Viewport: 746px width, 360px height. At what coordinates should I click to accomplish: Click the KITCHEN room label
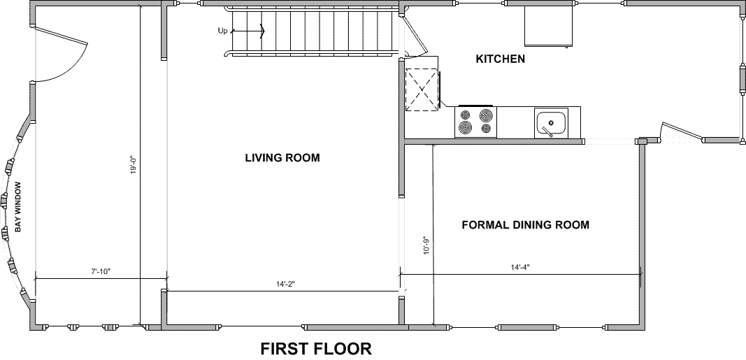click(501, 59)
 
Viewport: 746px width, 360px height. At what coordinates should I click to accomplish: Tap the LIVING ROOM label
click(282, 157)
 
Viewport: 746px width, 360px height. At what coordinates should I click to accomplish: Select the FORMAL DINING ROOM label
click(525, 224)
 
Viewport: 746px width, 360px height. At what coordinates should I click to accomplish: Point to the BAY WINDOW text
click(19, 207)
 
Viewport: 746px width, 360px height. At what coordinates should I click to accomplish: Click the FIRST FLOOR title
click(316, 349)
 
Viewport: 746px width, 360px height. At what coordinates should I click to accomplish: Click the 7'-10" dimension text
click(101, 271)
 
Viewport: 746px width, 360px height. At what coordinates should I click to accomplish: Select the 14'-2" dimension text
click(285, 284)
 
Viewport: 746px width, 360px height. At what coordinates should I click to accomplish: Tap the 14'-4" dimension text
click(520, 267)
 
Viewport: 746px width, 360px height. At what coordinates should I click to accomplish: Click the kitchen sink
click(551, 123)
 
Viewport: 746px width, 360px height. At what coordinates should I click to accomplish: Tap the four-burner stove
click(475, 122)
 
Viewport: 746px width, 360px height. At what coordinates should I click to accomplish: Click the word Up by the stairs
click(222, 31)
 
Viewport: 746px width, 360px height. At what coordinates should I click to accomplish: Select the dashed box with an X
click(422, 90)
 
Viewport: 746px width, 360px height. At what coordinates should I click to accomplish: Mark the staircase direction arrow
click(248, 32)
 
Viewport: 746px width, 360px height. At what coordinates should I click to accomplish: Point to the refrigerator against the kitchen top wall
click(548, 26)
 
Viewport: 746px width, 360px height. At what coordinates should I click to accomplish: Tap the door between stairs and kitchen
click(415, 34)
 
